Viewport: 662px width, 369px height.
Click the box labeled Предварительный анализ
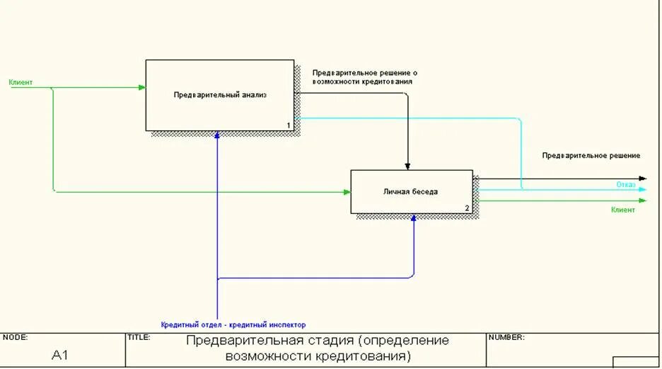coord(220,95)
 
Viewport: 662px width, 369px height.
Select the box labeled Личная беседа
coord(411,191)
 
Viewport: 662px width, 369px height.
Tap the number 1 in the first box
coord(289,125)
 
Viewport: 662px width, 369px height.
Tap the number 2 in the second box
coord(467,208)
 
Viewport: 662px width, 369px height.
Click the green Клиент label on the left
coord(21,83)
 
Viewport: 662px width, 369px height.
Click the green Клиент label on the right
coord(623,210)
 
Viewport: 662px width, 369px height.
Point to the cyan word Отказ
coord(625,185)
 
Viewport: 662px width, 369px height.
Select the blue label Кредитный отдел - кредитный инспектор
coord(233,324)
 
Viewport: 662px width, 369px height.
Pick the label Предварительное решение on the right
coord(591,155)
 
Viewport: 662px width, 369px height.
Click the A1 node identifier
coord(60,355)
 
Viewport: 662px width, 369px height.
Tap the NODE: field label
coord(15,338)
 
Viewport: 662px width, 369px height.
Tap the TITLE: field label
coord(139,338)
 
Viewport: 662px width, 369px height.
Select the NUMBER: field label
coord(506,338)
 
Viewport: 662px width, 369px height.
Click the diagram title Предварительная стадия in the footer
coord(318,347)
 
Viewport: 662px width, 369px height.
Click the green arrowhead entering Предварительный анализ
coord(142,88)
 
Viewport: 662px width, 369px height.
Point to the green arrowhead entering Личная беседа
coord(347,192)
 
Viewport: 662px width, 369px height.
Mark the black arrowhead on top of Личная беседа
coord(408,166)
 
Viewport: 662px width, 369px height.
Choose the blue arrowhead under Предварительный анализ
coord(218,135)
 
